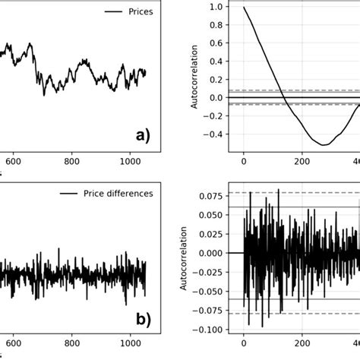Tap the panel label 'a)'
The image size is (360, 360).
(142, 136)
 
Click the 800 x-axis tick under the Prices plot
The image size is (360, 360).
(72, 161)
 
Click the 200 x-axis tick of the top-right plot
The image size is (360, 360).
(302, 161)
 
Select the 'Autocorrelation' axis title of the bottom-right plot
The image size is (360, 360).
(186, 257)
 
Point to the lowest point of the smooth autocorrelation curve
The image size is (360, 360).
(324, 144)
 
